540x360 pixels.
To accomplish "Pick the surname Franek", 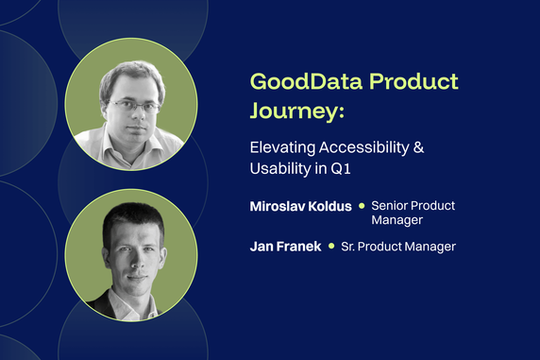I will tap(300, 247).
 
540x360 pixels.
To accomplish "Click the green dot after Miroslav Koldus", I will tap(362, 205).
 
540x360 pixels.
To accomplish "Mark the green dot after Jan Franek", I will tap(331, 247).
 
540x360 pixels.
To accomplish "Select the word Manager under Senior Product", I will tap(397, 220).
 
